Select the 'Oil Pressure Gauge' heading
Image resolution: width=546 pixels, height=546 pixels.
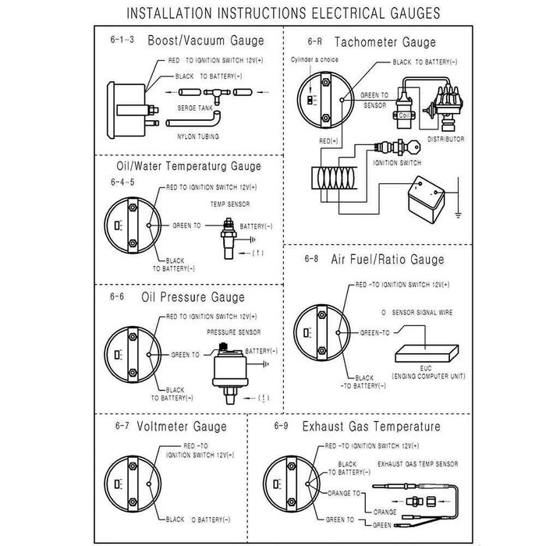[x=193, y=297]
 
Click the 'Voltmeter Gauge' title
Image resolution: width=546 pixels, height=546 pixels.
[x=181, y=427]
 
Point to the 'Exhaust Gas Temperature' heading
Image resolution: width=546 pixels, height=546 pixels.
[x=371, y=427]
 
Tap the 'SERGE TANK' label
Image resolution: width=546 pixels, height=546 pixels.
[x=193, y=107]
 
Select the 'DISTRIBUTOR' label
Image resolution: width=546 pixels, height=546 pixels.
[x=445, y=139]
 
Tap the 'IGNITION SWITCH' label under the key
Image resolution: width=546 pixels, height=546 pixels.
[x=398, y=163]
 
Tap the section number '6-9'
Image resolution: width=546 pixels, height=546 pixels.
[x=282, y=427]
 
